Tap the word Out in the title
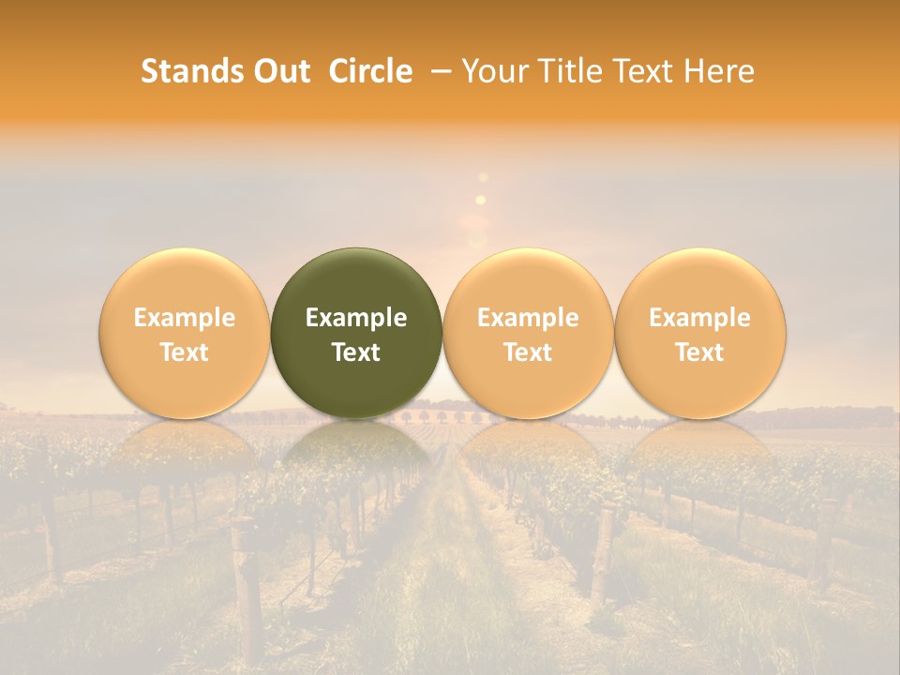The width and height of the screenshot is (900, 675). point(279,71)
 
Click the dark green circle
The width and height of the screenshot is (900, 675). point(356,333)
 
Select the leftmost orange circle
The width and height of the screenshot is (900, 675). point(184,333)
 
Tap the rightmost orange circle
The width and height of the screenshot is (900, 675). point(700,333)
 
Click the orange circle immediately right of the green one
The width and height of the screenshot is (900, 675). point(528,333)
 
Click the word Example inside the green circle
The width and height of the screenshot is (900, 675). point(356,318)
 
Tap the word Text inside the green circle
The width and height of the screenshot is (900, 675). point(356,352)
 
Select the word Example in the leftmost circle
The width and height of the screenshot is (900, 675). point(184,318)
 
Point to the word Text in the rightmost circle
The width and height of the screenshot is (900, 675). point(700,352)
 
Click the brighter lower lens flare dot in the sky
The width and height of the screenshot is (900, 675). point(481,200)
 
